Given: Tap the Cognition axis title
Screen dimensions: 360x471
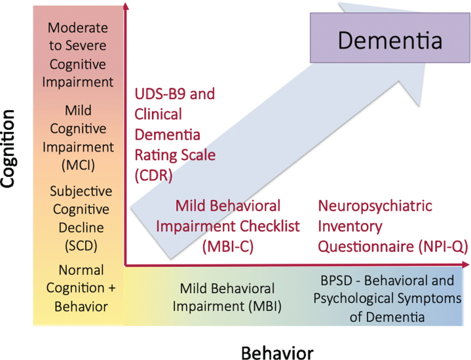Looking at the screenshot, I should (9, 149).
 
